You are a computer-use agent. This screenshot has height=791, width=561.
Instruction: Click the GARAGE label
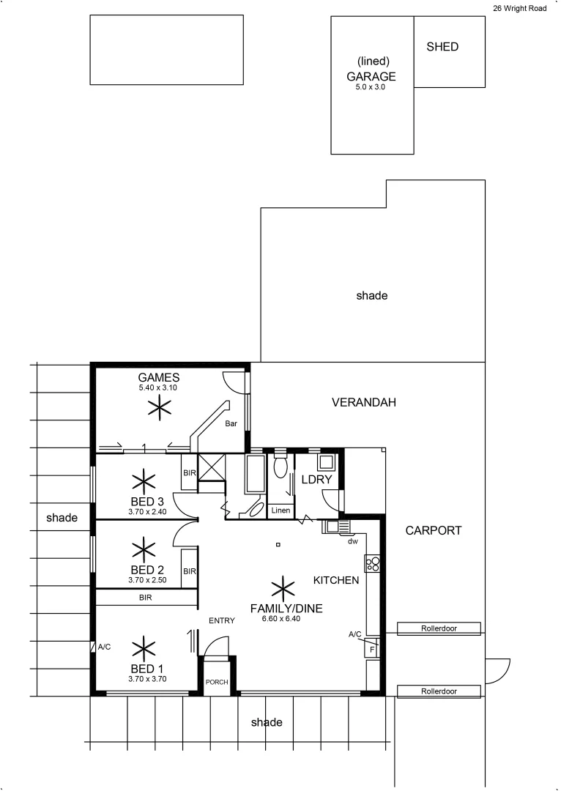point(371,76)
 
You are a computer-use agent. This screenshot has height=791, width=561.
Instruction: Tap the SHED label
point(442,47)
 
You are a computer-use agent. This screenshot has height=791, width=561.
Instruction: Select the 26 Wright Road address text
point(519,9)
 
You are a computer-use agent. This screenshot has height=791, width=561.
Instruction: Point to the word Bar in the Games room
point(231,424)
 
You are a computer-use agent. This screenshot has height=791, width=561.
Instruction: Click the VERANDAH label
point(363,403)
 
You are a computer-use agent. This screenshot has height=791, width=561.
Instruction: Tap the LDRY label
point(317,479)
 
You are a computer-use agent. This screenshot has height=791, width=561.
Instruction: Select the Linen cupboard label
point(280,510)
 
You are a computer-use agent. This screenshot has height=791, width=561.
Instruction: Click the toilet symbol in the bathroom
point(280,467)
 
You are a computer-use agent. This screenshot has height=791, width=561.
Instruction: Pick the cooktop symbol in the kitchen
point(373,563)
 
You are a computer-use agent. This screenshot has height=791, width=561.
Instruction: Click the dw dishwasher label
point(352,542)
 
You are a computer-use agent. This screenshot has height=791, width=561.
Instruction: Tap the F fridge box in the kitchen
point(372,650)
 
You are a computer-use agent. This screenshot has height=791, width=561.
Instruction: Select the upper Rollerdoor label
point(439,628)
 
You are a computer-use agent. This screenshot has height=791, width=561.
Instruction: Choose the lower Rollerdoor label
point(439,691)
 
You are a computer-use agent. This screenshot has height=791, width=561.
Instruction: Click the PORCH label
point(218,683)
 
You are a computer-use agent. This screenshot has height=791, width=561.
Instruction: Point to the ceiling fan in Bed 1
point(144,647)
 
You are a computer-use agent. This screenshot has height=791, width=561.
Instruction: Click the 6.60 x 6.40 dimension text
point(276,619)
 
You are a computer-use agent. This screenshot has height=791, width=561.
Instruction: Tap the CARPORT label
point(434,530)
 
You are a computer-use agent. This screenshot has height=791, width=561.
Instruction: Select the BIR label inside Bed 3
point(189,474)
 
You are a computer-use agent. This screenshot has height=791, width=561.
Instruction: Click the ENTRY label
point(221,621)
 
